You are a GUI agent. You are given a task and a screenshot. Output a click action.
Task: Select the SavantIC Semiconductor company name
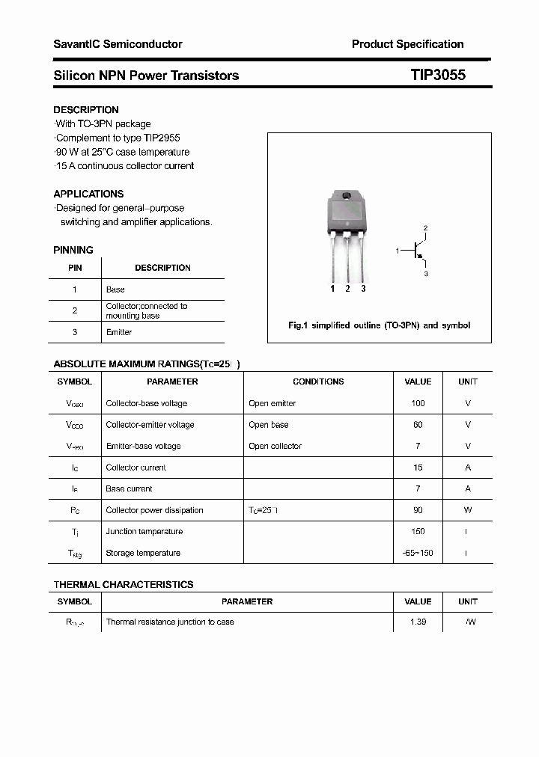tap(118, 44)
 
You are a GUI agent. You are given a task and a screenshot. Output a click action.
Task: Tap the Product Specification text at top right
tap(407, 44)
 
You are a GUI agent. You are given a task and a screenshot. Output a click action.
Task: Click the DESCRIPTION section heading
tap(86, 110)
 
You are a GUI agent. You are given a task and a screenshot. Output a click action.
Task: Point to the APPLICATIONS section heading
tap(88, 194)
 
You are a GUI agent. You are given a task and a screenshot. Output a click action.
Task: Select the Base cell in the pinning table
tap(115, 289)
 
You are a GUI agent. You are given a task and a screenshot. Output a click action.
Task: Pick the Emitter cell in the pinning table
tap(119, 332)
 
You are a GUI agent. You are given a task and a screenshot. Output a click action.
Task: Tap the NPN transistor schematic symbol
tap(416, 252)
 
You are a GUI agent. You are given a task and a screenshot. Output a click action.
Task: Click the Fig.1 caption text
tap(379, 325)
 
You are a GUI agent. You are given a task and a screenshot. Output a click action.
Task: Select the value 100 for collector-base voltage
tap(418, 403)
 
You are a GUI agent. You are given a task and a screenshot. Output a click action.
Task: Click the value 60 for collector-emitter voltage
tap(418, 425)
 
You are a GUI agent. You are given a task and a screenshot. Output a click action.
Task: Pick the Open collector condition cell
tap(275, 446)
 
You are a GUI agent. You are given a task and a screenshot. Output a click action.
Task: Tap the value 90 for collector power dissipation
tap(418, 510)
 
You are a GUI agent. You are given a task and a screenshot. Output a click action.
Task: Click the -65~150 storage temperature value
tap(418, 553)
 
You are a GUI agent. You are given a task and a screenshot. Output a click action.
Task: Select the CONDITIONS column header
tap(318, 381)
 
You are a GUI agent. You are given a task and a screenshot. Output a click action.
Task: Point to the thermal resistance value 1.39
tap(418, 622)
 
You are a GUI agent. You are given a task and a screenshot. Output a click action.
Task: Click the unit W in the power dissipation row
tap(468, 510)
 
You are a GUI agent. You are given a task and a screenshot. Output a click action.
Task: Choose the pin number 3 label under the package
tap(363, 289)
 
